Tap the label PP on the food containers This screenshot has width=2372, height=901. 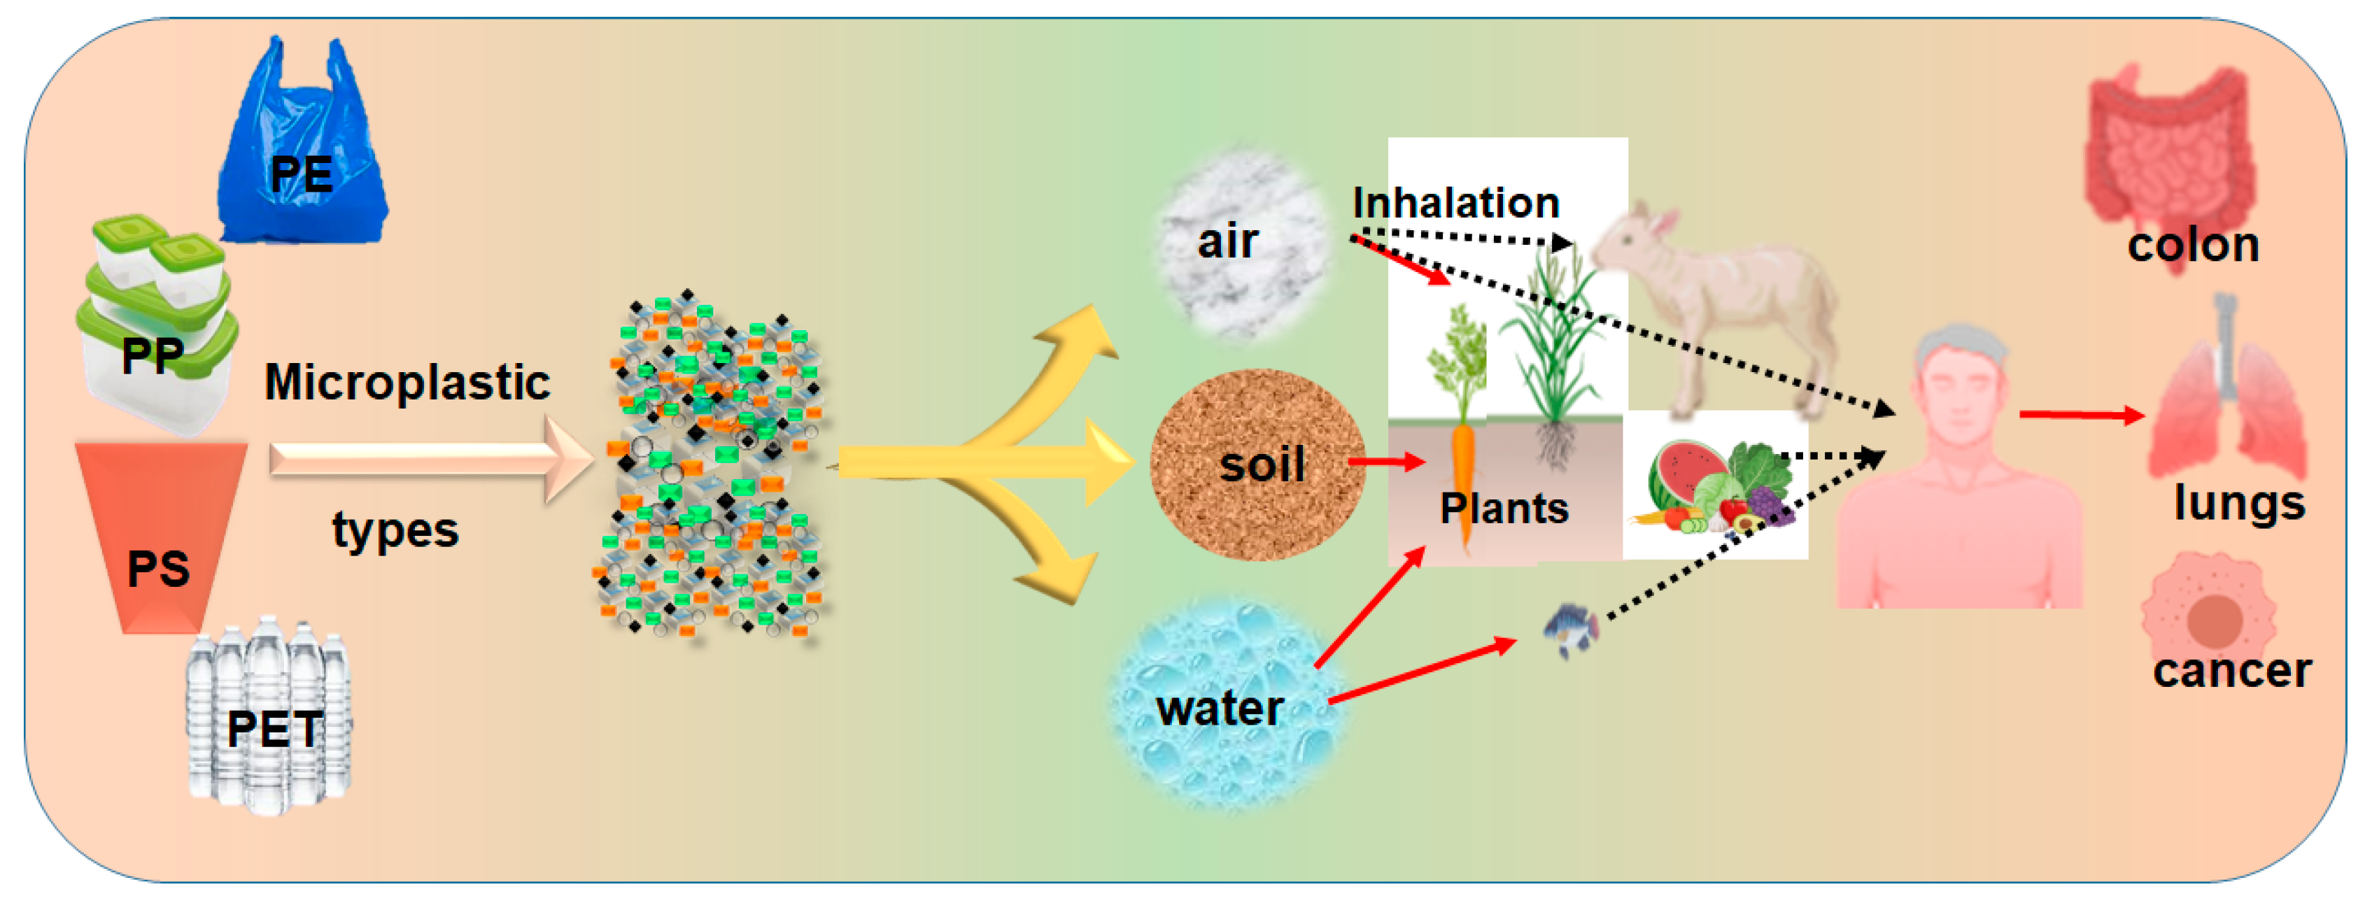[x=153, y=356]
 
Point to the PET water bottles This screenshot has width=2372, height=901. [x=268, y=716]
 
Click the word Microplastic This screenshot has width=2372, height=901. [x=407, y=381]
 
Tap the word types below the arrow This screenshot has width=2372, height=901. [x=395, y=531]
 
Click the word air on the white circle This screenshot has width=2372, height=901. [x=1227, y=241]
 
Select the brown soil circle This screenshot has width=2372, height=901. [x=1258, y=464]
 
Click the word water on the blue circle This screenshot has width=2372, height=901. [x=1220, y=709]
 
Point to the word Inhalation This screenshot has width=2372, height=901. [x=1456, y=202]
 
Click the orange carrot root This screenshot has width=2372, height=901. [x=1463, y=488]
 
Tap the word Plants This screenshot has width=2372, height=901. [x=1504, y=508]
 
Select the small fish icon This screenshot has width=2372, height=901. [x=1571, y=630]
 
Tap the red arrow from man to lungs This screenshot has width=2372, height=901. [x=2082, y=415]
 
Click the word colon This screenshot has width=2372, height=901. [x=2194, y=245]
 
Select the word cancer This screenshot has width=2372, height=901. [x=2232, y=670]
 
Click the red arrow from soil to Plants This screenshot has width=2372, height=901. [x=1387, y=461]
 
